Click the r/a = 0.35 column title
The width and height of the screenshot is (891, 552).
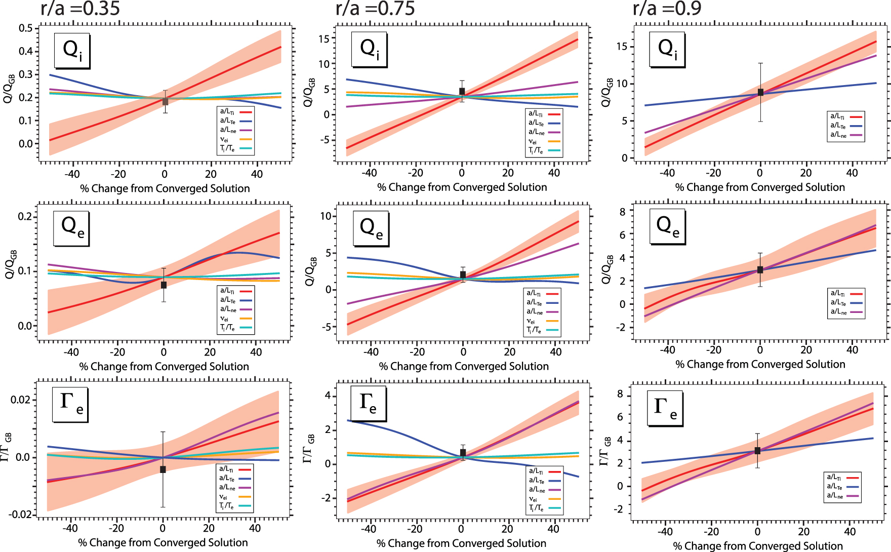(x=80, y=9)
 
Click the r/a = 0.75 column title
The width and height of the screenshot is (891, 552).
(x=375, y=9)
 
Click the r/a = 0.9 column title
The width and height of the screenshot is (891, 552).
(x=667, y=9)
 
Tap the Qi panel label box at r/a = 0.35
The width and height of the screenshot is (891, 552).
(x=72, y=51)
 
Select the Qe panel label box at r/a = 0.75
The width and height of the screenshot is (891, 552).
(x=371, y=229)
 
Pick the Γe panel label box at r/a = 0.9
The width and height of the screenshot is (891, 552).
(x=665, y=408)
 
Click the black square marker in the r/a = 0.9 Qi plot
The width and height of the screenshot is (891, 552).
(x=760, y=92)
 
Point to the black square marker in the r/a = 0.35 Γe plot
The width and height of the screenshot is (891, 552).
(x=163, y=469)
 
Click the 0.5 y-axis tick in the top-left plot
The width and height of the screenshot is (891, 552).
(x=26, y=28)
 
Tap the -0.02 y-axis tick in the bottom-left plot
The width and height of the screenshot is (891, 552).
(x=20, y=515)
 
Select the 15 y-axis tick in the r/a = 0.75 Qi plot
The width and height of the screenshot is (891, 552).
(x=324, y=38)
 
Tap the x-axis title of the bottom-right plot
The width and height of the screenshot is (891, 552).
(x=758, y=546)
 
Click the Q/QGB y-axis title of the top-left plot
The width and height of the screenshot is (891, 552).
(x=9, y=89)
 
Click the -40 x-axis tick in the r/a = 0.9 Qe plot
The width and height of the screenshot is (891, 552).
(x=667, y=349)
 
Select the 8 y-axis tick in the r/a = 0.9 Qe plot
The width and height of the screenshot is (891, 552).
(x=622, y=212)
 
